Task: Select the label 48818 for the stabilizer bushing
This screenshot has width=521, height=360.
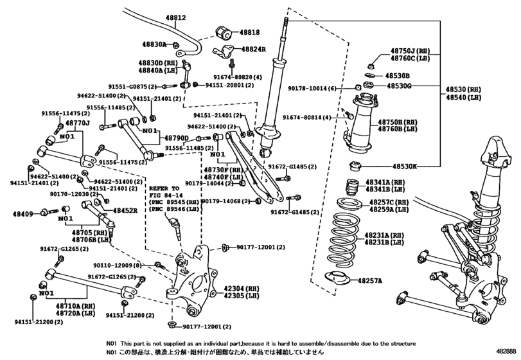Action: pyautogui.click(x=250, y=32)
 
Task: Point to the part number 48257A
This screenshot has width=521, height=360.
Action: pyautogui.click(x=369, y=281)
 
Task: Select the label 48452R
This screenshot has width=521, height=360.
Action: pyautogui.click(x=126, y=210)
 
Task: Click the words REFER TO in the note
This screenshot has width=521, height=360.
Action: pyautogui.click(x=161, y=188)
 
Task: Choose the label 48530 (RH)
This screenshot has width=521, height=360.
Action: pyautogui.click(x=463, y=89)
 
